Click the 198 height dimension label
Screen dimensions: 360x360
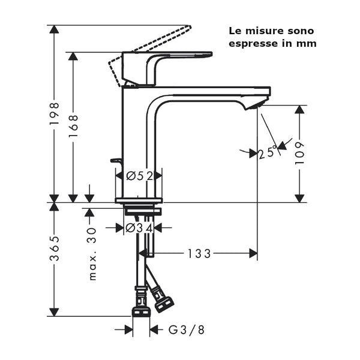[54, 113]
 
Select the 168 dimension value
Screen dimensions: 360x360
[73, 127]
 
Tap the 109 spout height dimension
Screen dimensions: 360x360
[300, 153]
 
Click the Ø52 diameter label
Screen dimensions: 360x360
[139, 175]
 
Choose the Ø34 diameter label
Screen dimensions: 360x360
[139, 227]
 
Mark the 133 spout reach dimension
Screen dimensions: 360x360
[199, 254]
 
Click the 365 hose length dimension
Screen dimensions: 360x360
[54, 248]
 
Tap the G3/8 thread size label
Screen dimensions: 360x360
[185, 329]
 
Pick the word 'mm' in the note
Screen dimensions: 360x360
[308, 43]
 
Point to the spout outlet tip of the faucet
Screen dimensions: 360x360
[255, 106]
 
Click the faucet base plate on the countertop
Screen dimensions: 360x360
[139, 200]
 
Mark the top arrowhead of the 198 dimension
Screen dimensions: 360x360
[54, 29]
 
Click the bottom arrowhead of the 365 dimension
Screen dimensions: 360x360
[54, 312]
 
